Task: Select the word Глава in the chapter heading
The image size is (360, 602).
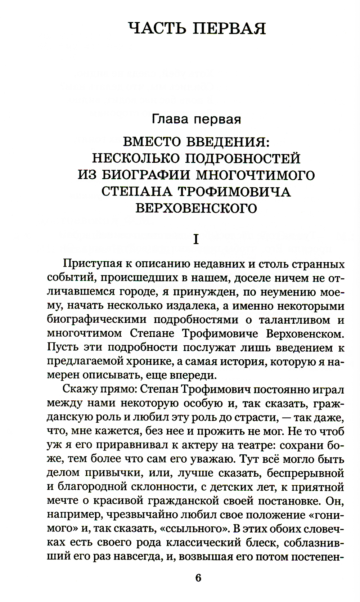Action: point(170,118)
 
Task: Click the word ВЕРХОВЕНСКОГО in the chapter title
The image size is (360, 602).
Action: point(196,208)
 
